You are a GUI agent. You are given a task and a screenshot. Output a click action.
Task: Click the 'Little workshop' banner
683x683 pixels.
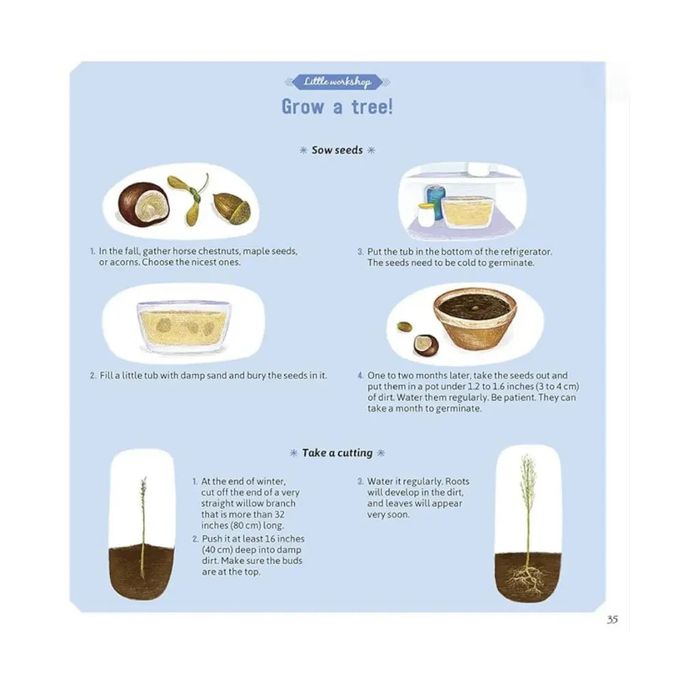pyautogui.click(x=337, y=82)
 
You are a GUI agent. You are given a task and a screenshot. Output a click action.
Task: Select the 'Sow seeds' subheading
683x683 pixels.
pyautogui.click(x=337, y=150)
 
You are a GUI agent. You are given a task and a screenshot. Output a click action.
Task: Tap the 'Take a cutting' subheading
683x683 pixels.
pyautogui.click(x=337, y=453)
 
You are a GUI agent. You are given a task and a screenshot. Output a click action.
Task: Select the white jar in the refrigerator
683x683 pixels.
pyautogui.click(x=425, y=215)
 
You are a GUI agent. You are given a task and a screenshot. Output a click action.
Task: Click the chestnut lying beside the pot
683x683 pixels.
pyautogui.click(x=426, y=346)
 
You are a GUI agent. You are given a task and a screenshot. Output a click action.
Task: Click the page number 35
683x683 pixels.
pyautogui.click(x=612, y=620)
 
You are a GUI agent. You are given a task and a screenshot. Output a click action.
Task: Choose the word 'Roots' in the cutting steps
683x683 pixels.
pyautogui.click(x=457, y=482)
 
